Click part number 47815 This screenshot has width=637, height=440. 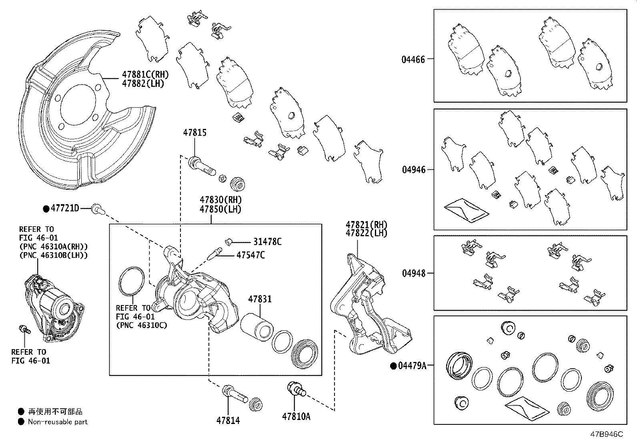coord(195,133)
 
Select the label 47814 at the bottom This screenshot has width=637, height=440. coord(228,420)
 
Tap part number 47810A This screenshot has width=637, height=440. coord(296,416)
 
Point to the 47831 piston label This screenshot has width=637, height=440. coord(259,299)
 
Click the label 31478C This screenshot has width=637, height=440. coord(267,242)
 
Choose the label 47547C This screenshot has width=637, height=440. coord(250,255)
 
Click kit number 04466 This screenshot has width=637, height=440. coord(413,60)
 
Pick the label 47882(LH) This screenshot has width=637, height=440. coord(143,84)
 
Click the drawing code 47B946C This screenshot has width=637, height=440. coord(606,434)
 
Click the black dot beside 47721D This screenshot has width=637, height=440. coord(46,208)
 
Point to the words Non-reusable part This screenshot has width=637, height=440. coord(58,422)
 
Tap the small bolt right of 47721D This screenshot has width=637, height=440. coord(96,208)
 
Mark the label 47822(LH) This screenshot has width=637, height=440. coord(367,233)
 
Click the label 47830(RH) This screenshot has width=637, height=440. coord(221,200)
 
